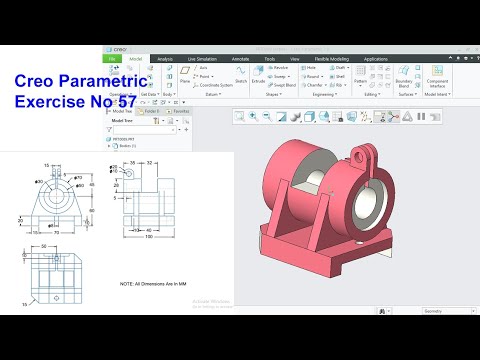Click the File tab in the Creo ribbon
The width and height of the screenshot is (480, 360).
pos(113,59)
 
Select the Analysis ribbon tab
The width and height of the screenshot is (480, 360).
pos(165,59)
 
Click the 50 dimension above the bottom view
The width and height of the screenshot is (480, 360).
pos(43,243)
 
